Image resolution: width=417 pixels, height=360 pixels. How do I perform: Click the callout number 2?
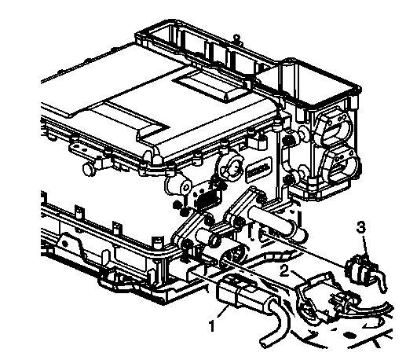pyautogui.click(x=286, y=272)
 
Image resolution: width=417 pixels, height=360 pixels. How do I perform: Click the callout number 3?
pyautogui.click(x=360, y=229)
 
